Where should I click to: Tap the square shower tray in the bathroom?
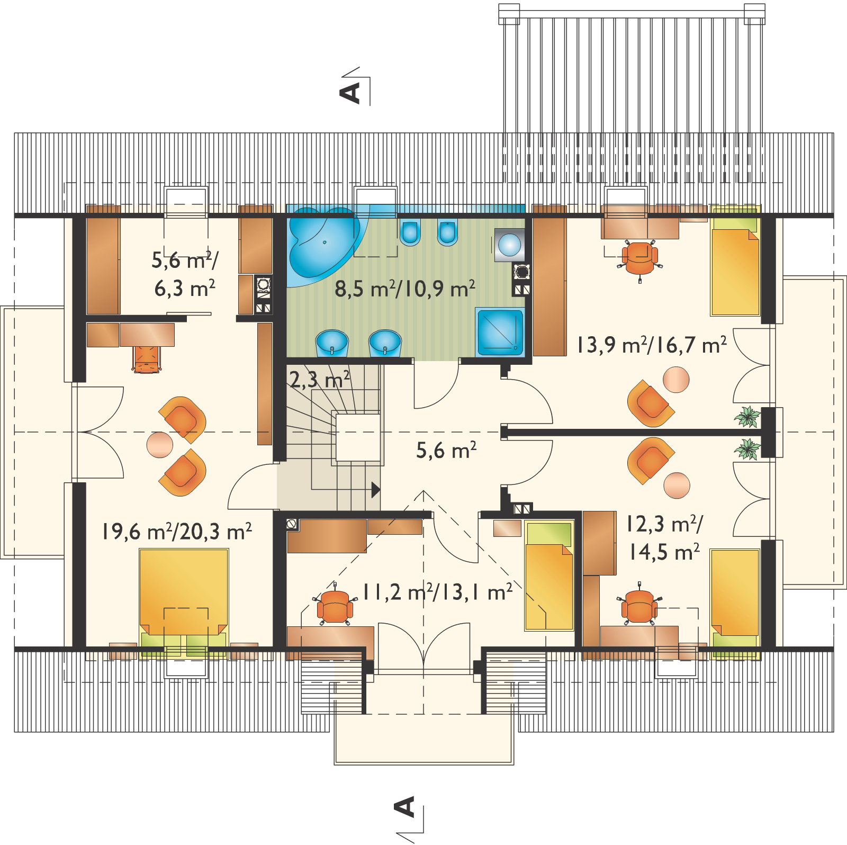[500, 332]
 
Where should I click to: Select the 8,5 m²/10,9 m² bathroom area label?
[404, 289]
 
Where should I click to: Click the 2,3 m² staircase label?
[320, 378]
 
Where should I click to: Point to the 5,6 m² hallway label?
[447, 450]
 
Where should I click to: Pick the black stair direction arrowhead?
[376, 490]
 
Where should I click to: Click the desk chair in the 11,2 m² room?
[334, 604]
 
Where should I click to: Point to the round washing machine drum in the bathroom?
[509, 245]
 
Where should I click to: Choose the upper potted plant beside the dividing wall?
[747, 416]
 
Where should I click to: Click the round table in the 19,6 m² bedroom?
[160, 445]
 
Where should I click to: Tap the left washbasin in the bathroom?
[332, 343]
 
